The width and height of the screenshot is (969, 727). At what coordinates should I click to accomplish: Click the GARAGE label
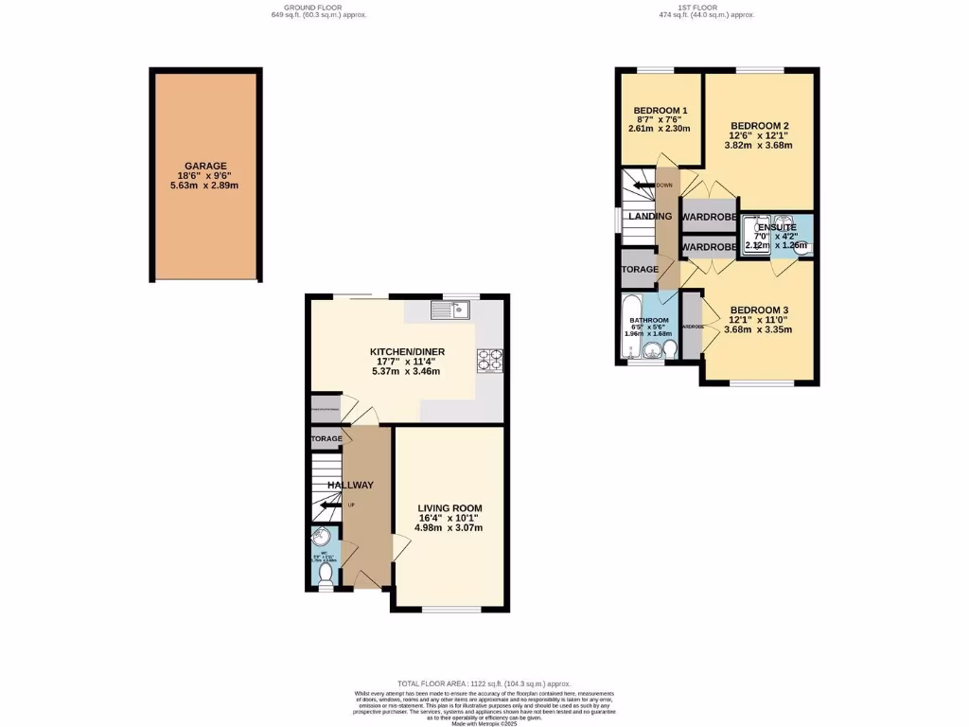pos(205,166)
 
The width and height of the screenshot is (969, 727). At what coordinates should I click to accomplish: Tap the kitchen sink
pos(449,309)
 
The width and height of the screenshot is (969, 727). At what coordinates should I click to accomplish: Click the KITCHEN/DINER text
pos(407,352)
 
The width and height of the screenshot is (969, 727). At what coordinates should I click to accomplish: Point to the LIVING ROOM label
pos(450,508)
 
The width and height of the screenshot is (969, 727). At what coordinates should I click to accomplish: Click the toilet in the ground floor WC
pos(326,573)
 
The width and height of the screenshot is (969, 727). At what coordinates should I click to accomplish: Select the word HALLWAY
pos(350,486)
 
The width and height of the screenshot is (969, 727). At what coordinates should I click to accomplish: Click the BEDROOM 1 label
pos(660,110)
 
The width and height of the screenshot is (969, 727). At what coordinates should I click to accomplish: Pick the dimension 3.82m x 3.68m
pos(758,146)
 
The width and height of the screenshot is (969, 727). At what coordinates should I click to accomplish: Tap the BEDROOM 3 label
pos(758,310)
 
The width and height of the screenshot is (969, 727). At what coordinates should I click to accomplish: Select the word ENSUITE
pos(775,227)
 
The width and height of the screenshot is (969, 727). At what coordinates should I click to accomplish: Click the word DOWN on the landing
pos(664,186)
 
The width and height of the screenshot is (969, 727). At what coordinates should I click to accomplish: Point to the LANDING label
pos(650,217)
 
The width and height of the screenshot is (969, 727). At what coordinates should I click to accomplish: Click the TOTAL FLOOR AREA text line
pos(484,682)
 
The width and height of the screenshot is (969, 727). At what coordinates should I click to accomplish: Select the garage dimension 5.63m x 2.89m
pos(205,186)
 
